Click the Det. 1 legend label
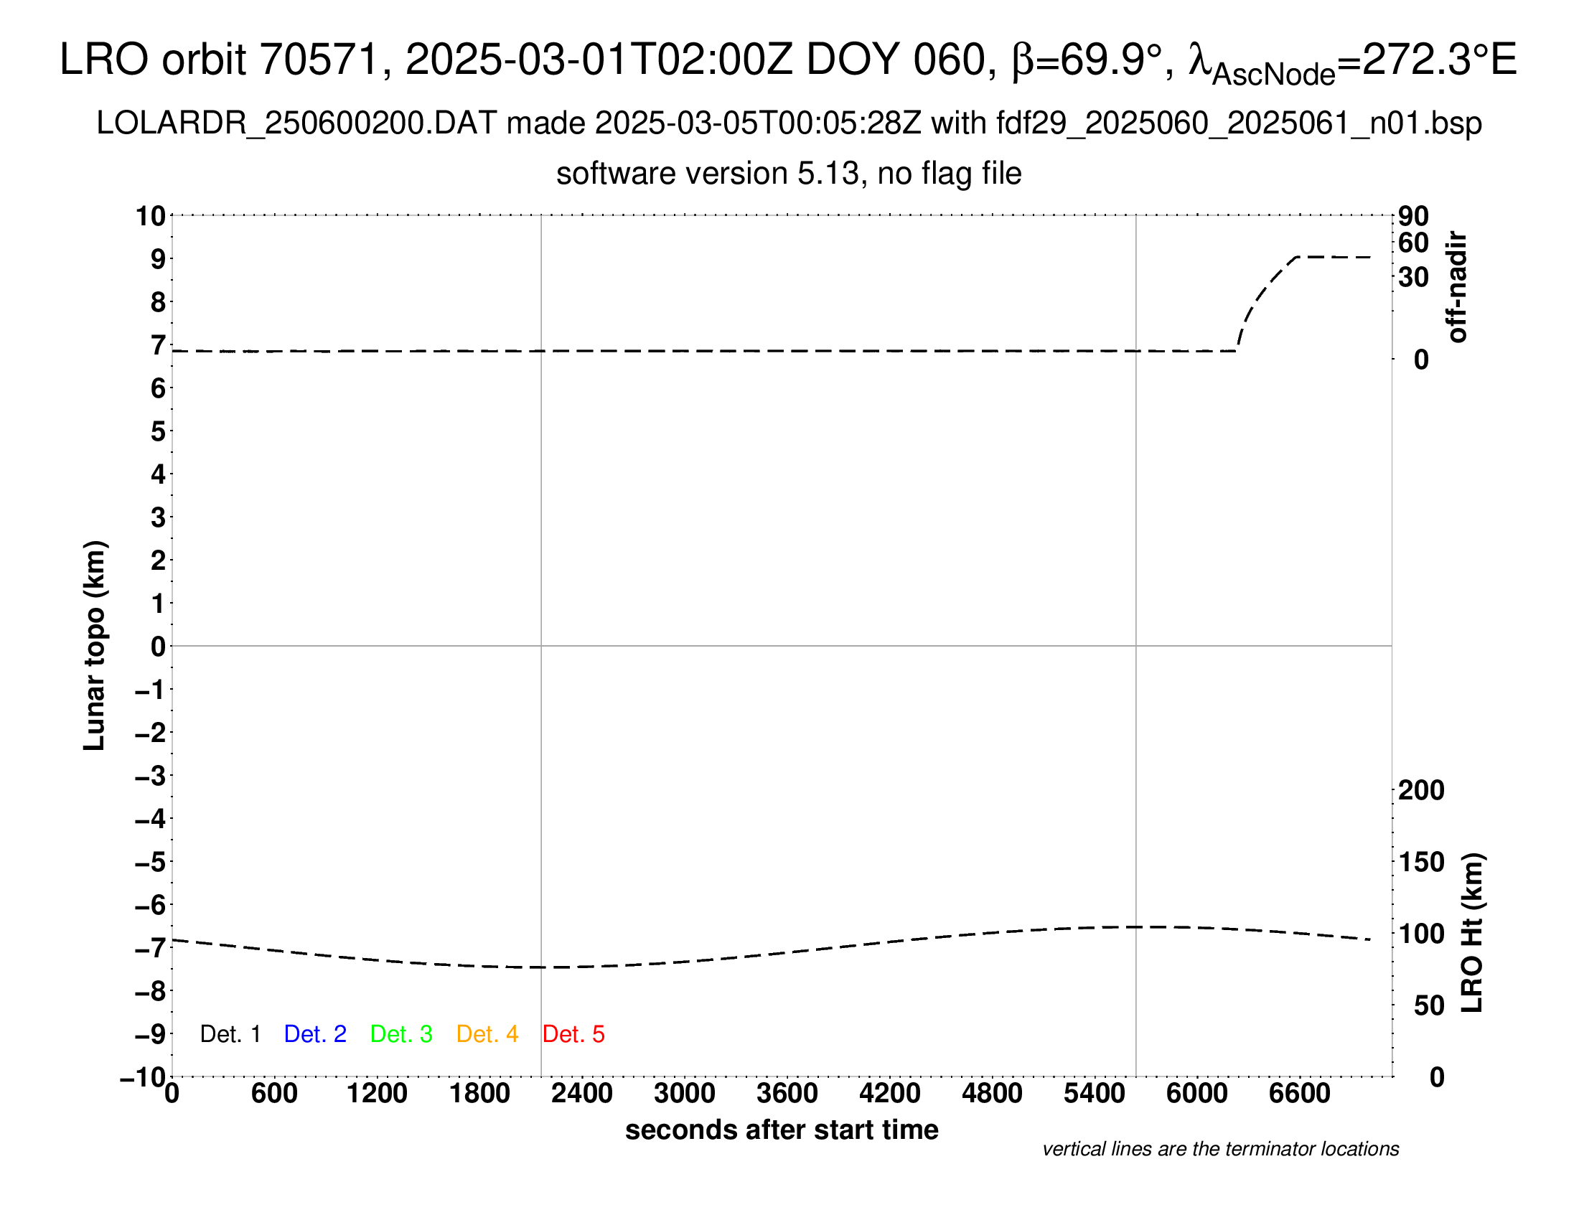click(230, 1034)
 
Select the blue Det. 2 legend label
click(315, 1034)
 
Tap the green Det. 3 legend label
click(401, 1034)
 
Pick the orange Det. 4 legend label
click(487, 1034)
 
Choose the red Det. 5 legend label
click(573, 1034)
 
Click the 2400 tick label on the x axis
click(582, 1094)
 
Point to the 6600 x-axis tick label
click(1299, 1094)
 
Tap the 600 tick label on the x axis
click(274, 1094)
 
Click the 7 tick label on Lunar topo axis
click(158, 345)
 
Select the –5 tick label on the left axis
click(150, 862)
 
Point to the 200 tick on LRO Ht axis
click(1420, 790)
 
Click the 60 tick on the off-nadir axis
click(1413, 243)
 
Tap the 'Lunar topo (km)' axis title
click(95, 645)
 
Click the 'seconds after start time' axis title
click(782, 1130)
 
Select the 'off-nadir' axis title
click(1457, 287)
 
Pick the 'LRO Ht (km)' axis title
click(1473, 932)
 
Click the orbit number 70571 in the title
click(319, 60)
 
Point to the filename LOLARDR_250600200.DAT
click(296, 123)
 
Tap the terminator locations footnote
click(1220, 1149)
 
